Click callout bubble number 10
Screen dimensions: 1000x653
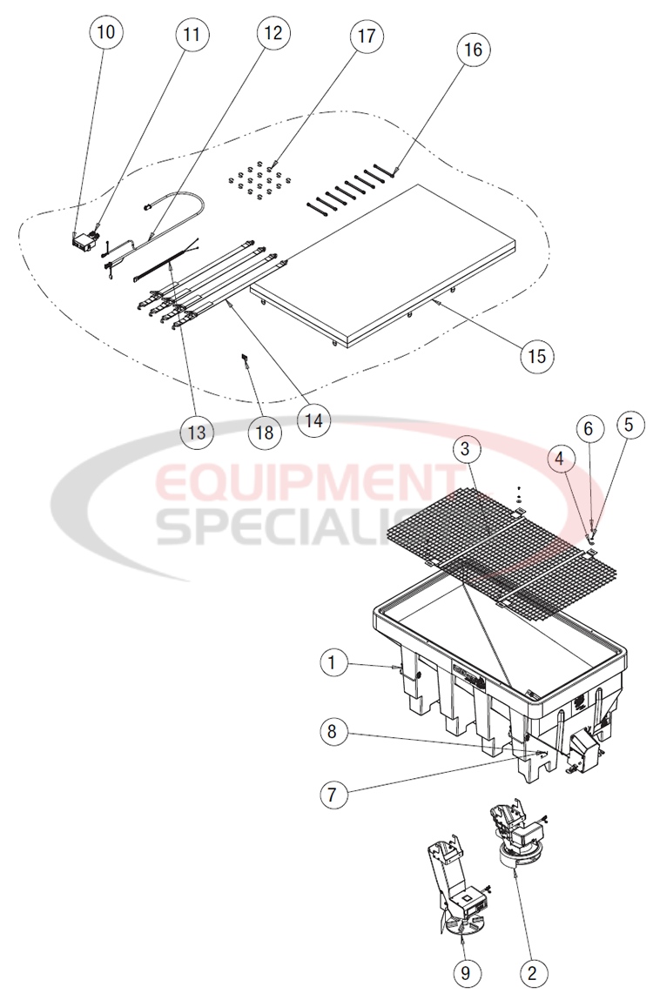click(105, 33)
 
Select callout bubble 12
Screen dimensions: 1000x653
click(273, 33)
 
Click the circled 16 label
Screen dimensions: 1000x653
click(473, 50)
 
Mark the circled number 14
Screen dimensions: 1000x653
click(313, 420)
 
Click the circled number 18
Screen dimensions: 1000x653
click(264, 431)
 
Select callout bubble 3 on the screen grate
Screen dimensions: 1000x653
click(466, 450)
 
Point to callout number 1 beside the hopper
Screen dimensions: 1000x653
click(332, 663)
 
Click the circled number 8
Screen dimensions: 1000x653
click(332, 731)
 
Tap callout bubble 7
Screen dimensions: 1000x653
click(332, 793)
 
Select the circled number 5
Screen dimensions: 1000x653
click(629, 426)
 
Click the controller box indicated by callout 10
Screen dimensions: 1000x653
click(84, 242)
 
